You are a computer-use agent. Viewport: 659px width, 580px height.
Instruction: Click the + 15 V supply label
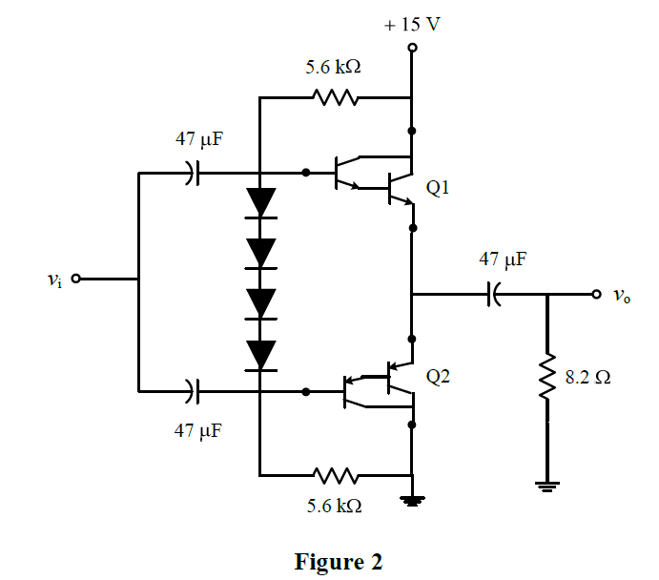412,24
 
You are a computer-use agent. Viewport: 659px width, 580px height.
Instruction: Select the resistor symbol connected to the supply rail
334,97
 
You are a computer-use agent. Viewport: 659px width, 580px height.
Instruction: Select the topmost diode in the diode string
259,202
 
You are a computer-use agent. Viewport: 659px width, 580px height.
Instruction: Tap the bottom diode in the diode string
259,354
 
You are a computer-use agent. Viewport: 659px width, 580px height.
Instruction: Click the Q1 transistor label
438,189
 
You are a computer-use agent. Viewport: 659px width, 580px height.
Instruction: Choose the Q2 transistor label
438,377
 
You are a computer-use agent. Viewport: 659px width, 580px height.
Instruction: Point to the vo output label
622,296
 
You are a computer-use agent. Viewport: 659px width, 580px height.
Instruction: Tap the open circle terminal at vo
597,295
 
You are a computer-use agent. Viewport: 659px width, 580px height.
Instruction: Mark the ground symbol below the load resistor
547,487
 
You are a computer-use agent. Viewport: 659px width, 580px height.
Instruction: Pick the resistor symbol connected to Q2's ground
334,474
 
